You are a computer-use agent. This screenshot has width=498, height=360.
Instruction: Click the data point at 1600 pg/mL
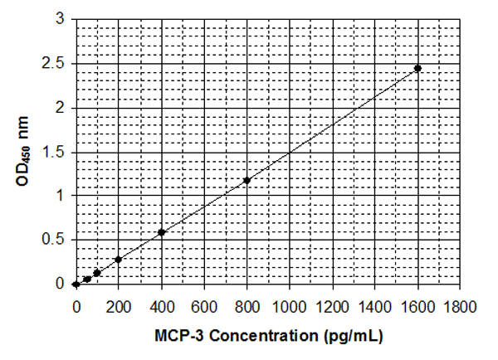[417, 68]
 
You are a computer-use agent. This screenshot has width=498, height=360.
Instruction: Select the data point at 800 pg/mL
[247, 180]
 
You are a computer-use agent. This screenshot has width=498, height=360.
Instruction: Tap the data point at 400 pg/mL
[161, 232]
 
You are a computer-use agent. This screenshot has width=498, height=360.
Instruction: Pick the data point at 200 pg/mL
[119, 259]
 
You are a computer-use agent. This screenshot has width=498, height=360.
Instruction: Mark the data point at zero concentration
[76, 284]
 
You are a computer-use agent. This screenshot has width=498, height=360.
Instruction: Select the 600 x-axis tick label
[204, 304]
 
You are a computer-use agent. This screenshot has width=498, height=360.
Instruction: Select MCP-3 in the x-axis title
[176, 338]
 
